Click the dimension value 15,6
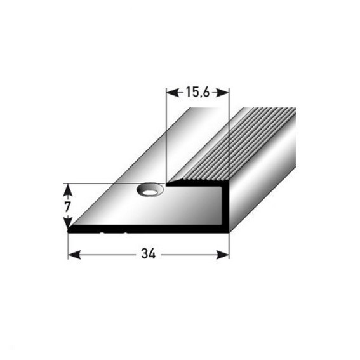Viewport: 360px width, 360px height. click(197, 93)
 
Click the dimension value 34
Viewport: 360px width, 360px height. click(149, 254)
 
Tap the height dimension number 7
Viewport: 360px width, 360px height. click(67, 207)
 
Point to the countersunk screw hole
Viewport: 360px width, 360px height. click(150, 190)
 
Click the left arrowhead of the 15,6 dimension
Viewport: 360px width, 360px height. click(173, 93)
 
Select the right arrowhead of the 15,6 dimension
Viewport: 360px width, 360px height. click(223, 93)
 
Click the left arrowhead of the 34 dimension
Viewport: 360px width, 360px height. click(75, 255)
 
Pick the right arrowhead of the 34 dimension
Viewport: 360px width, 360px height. click(223, 255)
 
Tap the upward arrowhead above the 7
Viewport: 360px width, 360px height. click(67, 190)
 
